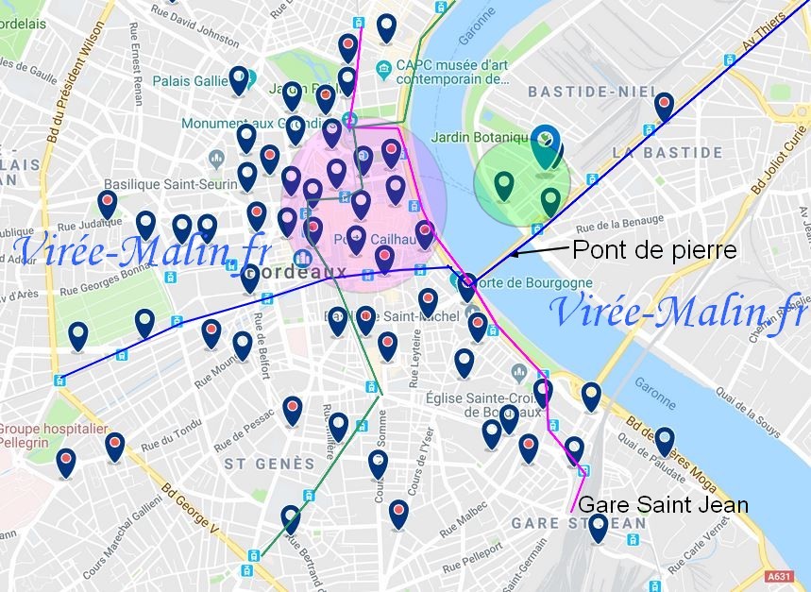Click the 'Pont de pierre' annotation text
tap(654, 250)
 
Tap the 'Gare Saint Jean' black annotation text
tap(662, 505)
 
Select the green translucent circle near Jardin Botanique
tap(522, 185)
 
